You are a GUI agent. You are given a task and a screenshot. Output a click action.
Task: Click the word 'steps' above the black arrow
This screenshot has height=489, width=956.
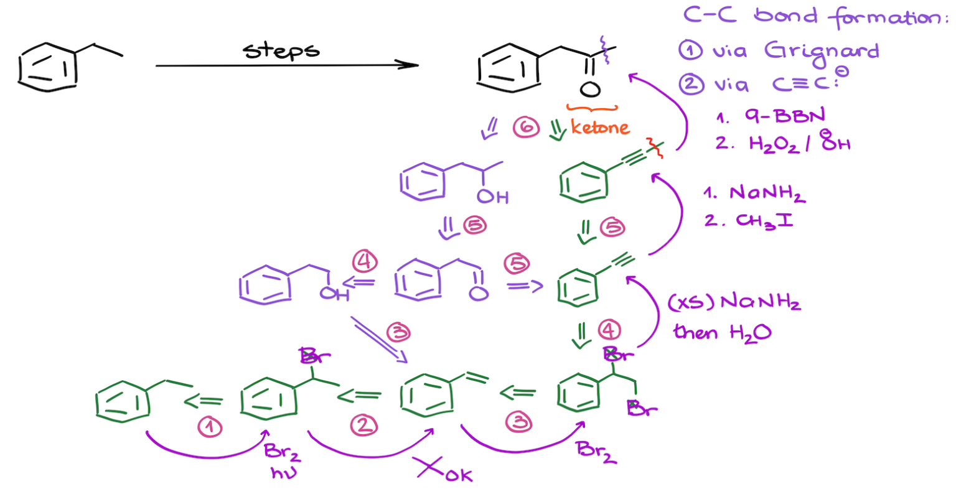tap(281, 50)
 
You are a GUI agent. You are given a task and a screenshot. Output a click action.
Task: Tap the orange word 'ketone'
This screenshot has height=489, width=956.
tap(599, 128)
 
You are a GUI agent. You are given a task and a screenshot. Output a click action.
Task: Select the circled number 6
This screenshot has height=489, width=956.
tap(525, 128)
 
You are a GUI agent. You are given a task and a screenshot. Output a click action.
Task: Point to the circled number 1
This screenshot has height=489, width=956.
tap(210, 427)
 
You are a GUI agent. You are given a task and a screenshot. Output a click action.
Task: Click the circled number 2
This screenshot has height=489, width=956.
tap(363, 425)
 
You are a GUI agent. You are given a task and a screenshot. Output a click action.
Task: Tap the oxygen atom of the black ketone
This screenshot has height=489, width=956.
tap(590, 89)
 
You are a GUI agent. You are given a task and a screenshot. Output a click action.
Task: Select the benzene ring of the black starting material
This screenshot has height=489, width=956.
tap(48, 68)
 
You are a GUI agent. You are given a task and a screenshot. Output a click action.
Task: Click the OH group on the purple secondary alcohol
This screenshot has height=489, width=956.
tap(493, 197)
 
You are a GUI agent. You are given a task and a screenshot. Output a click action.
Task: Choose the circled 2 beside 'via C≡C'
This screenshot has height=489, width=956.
tap(691, 83)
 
